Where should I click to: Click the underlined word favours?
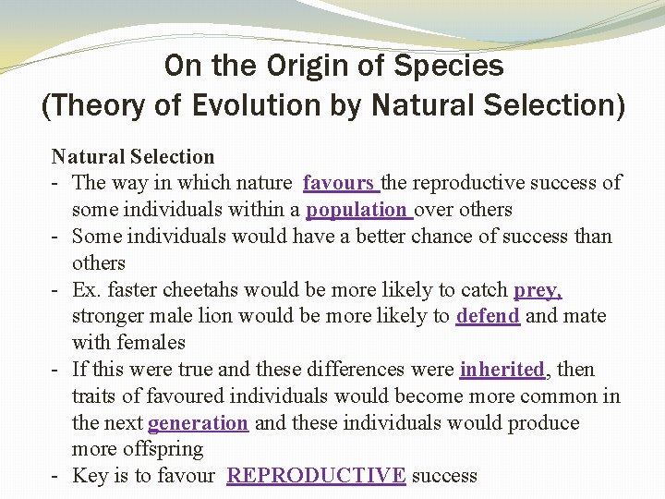(340, 183)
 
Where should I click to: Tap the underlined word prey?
(538, 290)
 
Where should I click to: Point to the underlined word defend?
(488, 316)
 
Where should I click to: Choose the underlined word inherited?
(502, 370)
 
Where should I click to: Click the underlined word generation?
(198, 423)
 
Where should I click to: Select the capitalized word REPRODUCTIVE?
(316, 476)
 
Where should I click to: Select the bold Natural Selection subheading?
(133, 157)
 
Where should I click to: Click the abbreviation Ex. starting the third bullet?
(86, 290)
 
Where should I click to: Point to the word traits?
(93, 396)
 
